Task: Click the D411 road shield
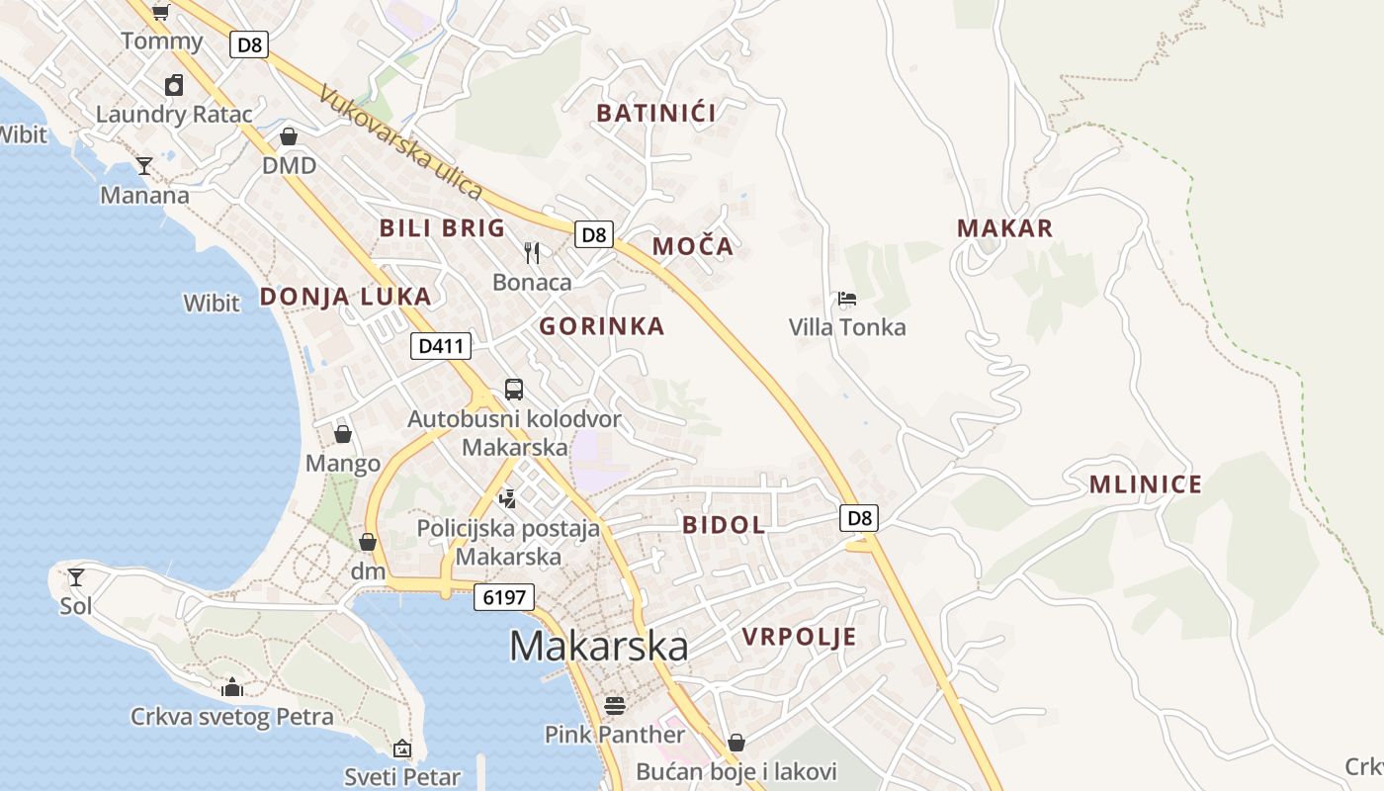tap(441, 346)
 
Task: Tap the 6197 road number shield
tap(504, 597)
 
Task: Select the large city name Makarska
tap(598, 646)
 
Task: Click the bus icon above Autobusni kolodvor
tap(514, 390)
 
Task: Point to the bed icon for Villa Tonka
tap(846, 298)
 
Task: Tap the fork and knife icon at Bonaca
tap(532, 253)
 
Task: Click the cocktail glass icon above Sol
tap(76, 576)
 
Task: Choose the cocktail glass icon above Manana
tap(144, 165)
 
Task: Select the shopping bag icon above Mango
tap(343, 434)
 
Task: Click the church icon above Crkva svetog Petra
tap(232, 687)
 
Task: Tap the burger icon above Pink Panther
tap(615, 705)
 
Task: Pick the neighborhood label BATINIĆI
tap(656, 113)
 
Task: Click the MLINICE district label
tap(1146, 484)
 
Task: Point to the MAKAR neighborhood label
tap(1004, 228)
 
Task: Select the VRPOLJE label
tap(799, 638)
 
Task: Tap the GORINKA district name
tap(601, 326)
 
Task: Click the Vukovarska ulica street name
tap(401, 142)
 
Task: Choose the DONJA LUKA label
tap(345, 297)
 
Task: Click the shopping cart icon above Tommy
tap(160, 12)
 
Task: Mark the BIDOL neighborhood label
tap(724, 525)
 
